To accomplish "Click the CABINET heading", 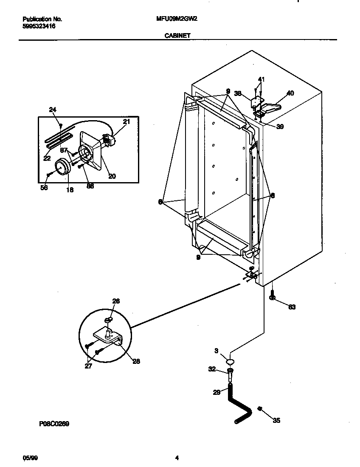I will click(177, 37).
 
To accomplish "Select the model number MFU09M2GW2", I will click(174, 19).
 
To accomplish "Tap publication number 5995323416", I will click(39, 26).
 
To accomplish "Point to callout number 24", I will click(53, 110).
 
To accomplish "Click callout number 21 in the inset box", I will click(127, 122).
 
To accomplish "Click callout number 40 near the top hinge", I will click(290, 93).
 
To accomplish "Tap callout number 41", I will click(261, 79).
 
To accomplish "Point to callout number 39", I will click(280, 127).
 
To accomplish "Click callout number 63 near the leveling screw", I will click(292, 307).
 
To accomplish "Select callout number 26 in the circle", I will click(116, 301).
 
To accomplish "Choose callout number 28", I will click(136, 362).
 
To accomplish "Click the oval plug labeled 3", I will click(230, 362).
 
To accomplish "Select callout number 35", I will click(276, 421).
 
